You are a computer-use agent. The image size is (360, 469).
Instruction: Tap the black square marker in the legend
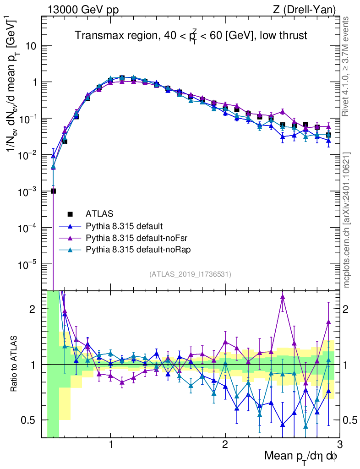(70, 213)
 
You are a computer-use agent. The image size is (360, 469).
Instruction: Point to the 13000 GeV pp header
(82, 10)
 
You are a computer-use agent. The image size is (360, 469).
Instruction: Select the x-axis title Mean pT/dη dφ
(301, 457)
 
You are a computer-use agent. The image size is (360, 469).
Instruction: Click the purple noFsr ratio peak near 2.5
(283, 297)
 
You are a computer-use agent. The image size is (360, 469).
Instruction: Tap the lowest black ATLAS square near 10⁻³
(53, 191)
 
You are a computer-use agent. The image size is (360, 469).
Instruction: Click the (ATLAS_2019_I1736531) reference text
(190, 274)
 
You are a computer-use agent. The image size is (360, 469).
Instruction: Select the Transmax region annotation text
(191, 36)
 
